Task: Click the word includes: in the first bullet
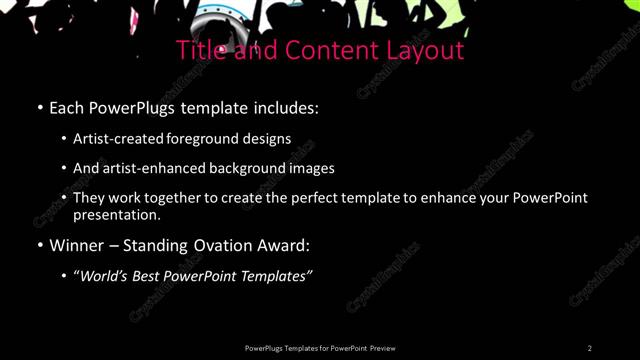pyautogui.click(x=288, y=107)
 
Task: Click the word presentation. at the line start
pyautogui.click(x=117, y=214)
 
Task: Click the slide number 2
pyautogui.click(x=590, y=347)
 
